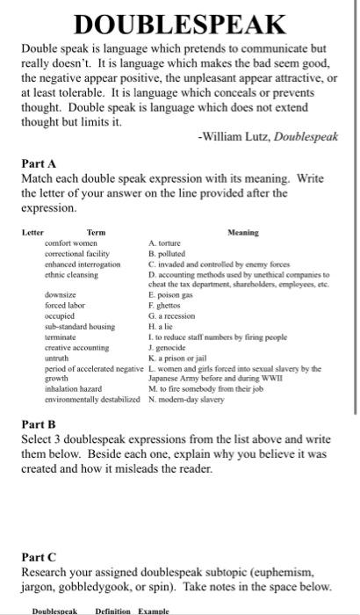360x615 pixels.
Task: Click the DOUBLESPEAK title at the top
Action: (179, 23)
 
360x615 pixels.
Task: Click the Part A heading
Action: (40, 163)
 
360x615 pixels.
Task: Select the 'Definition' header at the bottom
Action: (113, 610)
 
